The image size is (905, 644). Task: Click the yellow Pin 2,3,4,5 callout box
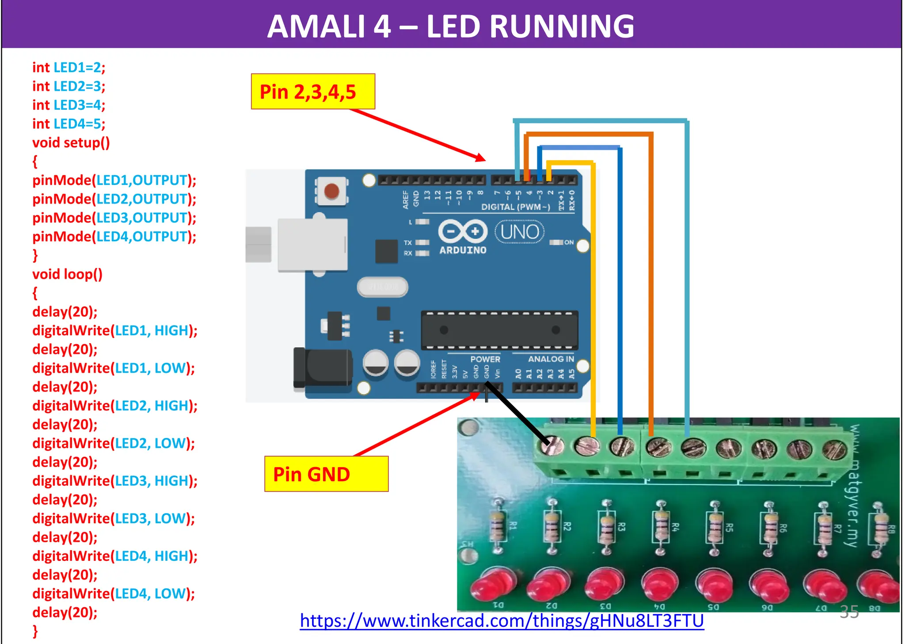(x=313, y=92)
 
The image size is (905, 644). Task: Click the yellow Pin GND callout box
(x=326, y=474)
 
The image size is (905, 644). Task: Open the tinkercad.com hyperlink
(x=502, y=621)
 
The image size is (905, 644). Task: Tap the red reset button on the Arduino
(x=331, y=191)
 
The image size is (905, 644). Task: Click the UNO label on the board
(x=520, y=232)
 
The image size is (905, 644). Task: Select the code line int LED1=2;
(x=69, y=68)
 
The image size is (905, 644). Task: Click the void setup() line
(x=71, y=143)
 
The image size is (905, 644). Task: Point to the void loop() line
(x=67, y=274)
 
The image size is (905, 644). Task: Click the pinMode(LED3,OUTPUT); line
(x=114, y=218)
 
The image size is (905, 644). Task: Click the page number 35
(x=849, y=612)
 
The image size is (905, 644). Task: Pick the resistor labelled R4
(x=662, y=527)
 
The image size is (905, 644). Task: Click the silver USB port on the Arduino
(x=312, y=245)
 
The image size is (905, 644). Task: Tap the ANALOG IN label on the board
(x=551, y=359)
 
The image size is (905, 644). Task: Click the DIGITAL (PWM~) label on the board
(x=515, y=207)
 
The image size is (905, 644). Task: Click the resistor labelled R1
(x=498, y=526)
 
